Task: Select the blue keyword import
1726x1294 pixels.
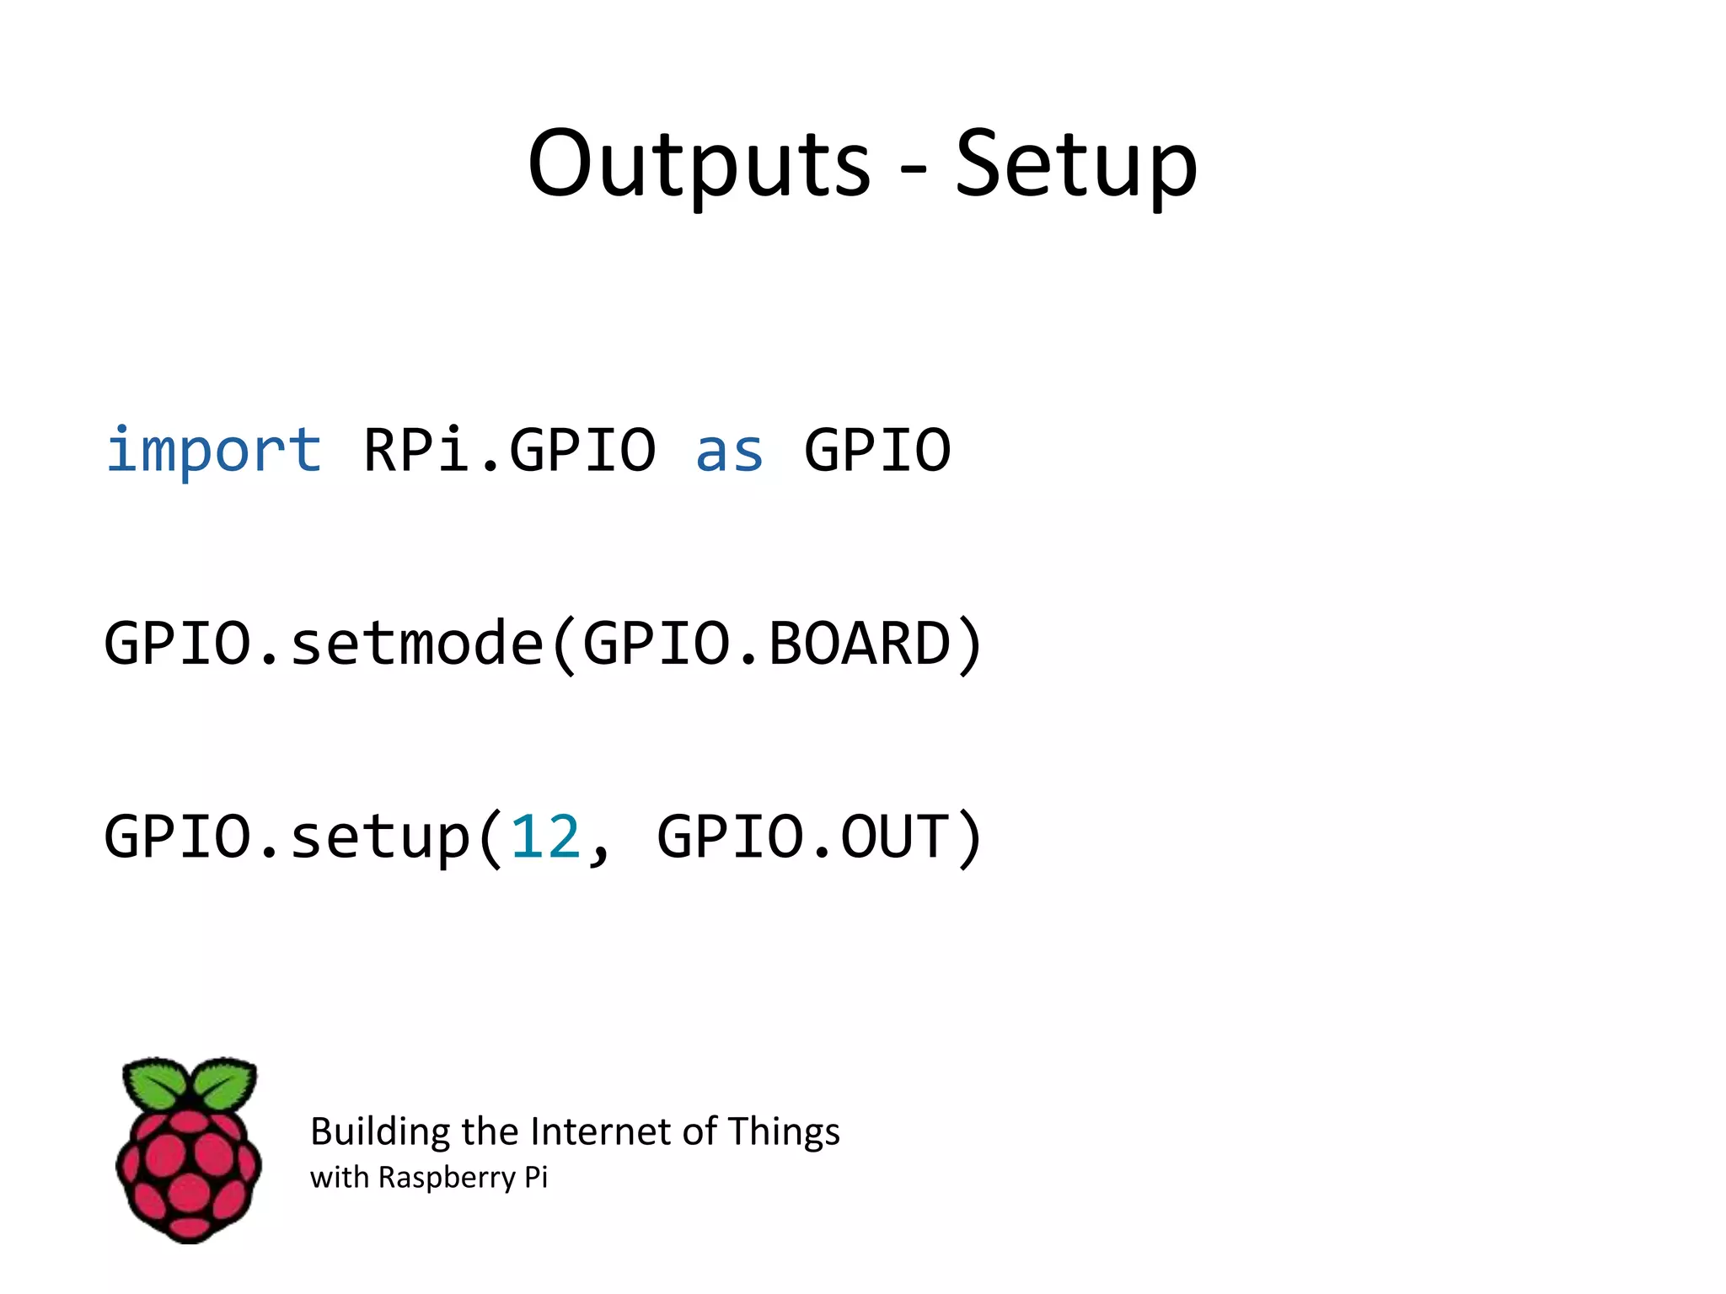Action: [x=213, y=450]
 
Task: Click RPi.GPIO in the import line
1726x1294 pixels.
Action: [x=509, y=450]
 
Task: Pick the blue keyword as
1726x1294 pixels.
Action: [x=729, y=452]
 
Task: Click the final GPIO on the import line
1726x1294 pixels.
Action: [x=877, y=450]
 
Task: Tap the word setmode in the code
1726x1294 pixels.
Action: [x=417, y=644]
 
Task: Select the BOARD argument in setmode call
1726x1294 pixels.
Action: [x=860, y=644]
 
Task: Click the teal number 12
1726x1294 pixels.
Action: [x=546, y=837]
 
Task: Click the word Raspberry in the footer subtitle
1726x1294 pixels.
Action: [x=447, y=1178]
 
